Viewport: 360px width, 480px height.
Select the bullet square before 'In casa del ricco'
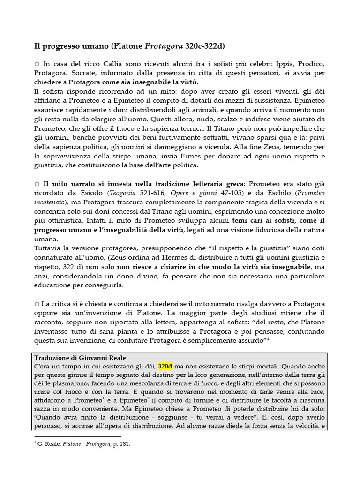coord(37,64)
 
